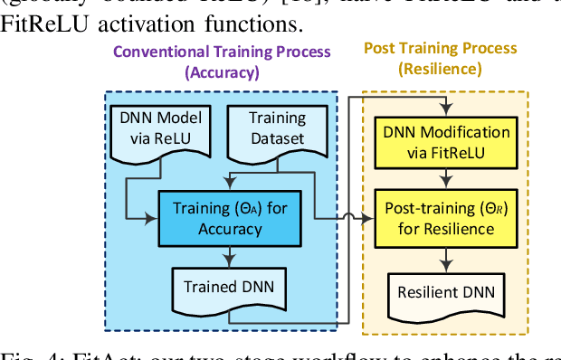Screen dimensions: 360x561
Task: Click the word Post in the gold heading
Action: coord(382,47)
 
